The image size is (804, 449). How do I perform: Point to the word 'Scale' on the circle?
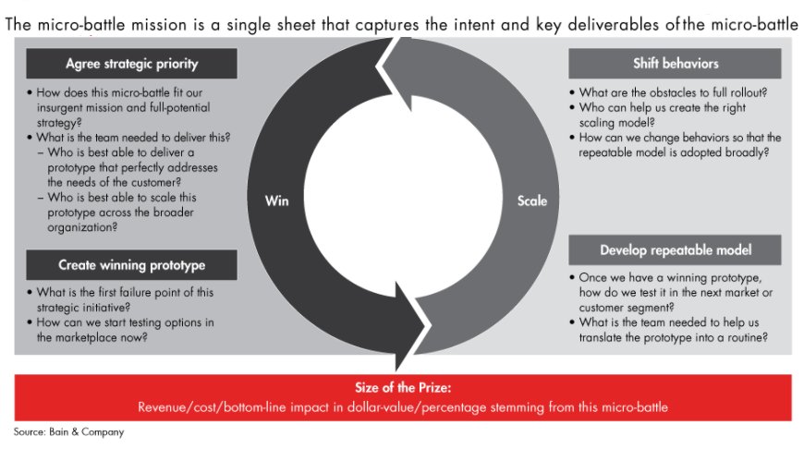tap(531, 200)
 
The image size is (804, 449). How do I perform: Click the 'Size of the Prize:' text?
tap(402, 389)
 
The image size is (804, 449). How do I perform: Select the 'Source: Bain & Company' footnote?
tap(67, 431)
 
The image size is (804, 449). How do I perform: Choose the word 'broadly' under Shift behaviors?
tap(740, 152)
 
